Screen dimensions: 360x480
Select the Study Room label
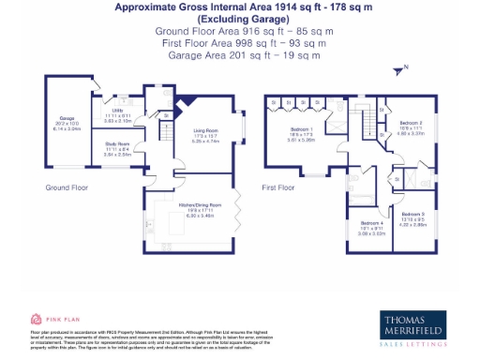pyautogui.click(x=116, y=145)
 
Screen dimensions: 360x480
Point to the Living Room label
pyautogui.click(x=206, y=132)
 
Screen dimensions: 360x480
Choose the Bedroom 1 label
pyautogui.click(x=301, y=131)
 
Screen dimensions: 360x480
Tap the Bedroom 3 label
pyautogui.click(x=413, y=217)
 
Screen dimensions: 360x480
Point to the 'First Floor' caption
pyautogui.click(x=278, y=187)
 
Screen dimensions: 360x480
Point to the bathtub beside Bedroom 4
pyautogui.click(x=360, y=200)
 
